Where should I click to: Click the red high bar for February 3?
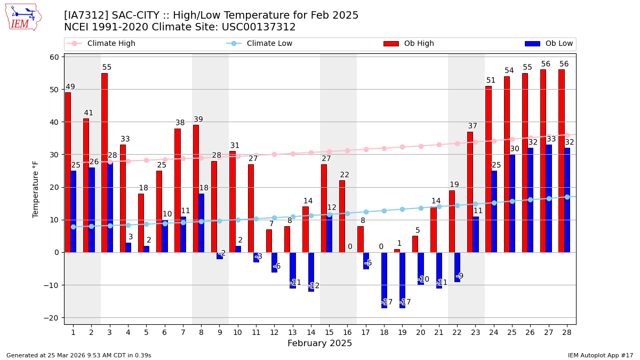click(105, 163)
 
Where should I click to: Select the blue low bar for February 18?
click(384, 280)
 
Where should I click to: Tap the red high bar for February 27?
click(543, 161)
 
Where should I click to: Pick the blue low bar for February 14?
click(311, 272)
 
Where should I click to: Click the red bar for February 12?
click(269, 241)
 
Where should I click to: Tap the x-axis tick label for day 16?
click(347, 332)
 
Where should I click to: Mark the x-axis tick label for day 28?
click(566, 332)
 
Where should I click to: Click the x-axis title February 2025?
click(319, 343)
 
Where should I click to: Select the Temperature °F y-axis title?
click(36, 189)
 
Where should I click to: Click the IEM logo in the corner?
click(23, 17)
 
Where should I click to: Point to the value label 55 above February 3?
click(107, 68)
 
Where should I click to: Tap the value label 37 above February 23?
click(473, 126)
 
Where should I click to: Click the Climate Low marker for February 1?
click(73, 227)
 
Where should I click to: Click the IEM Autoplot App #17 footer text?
click(600, 355)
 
